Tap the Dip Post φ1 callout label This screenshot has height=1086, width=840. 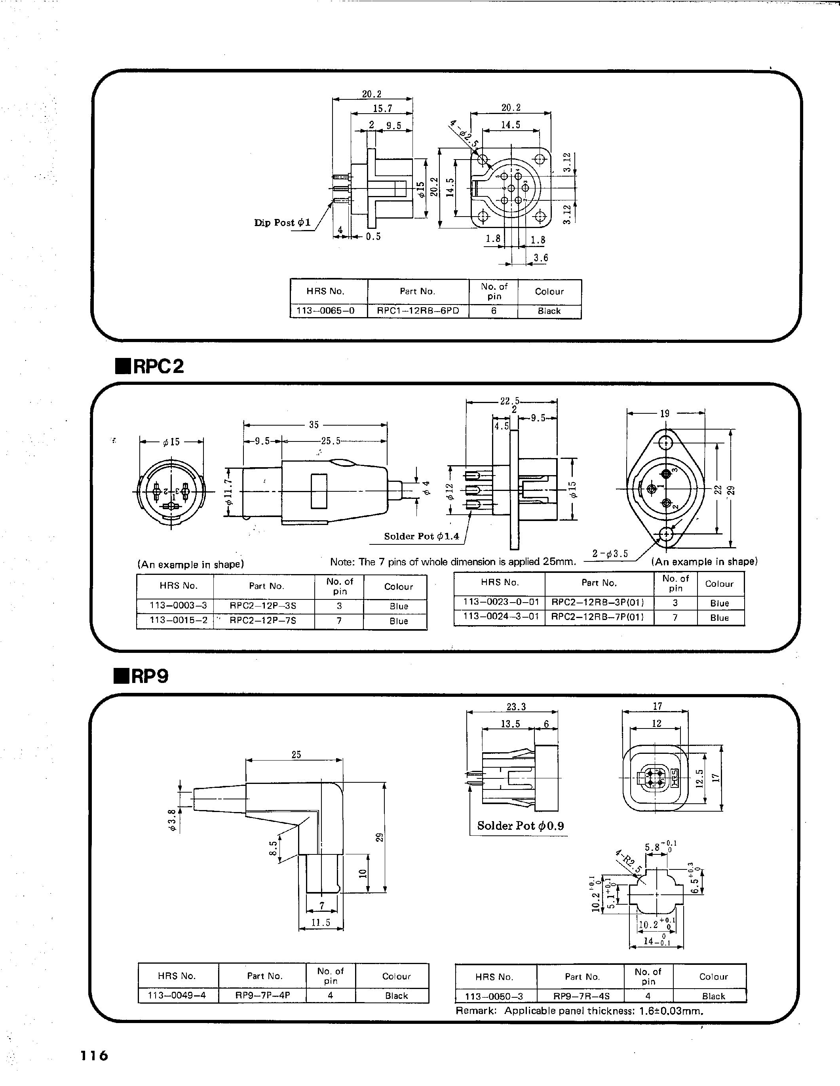pyautogui.click(x=282, y=223)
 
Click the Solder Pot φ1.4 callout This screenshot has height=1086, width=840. pyautogui.click(x=422, y=536)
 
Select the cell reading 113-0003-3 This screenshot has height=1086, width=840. pyautogui.click(x=175, y=606)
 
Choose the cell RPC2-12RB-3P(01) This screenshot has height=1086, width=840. pyautogui.click(x=599, y=603)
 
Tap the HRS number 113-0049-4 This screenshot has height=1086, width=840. pyautogui.click(x=177, y=995)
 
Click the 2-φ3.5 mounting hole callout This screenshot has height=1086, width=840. pyautogui.click(x=610, y=554)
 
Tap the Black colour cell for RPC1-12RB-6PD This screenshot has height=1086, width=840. pyautogui.click(x=549, y=311)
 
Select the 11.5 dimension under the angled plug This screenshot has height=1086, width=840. pyautogui.click(x=321, y=923)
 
